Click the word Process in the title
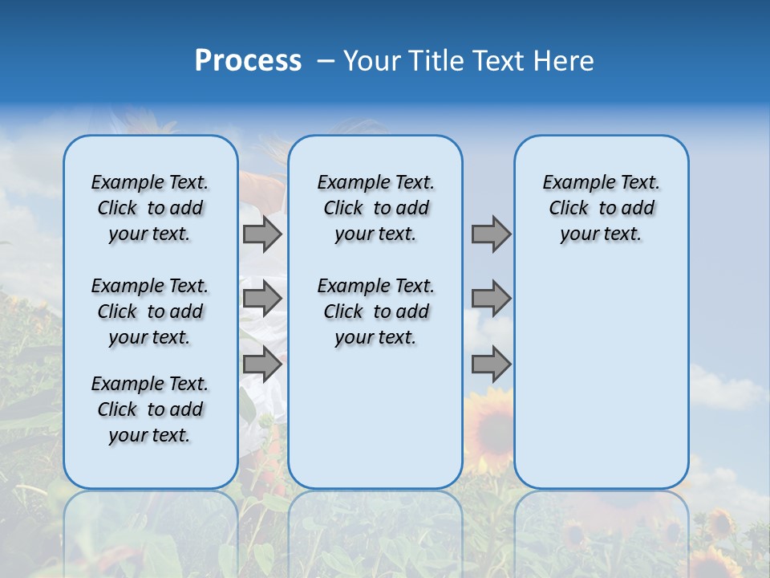(x=248, y=61)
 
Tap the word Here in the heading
(x=565, y=61)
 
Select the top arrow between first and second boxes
(x=262, y=234)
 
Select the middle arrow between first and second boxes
(x=262, y=299)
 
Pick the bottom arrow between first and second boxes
(x=262, y=364)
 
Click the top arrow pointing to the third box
(x=491, y=234)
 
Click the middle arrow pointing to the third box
(x=491, y=299)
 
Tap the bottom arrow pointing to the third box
(x=491, y=364)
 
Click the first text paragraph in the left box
(x=150, y=208)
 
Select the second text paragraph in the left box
(x=150, y=311)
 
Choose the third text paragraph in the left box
(x=150, y=409)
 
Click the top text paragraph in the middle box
(x=375, y=208)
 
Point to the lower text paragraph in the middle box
(x=375, y=311)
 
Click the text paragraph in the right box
(x=601, y=208)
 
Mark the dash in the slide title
(x=326, y=62)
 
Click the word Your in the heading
(x=371, y=61)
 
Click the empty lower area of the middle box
(x=375, y=417)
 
